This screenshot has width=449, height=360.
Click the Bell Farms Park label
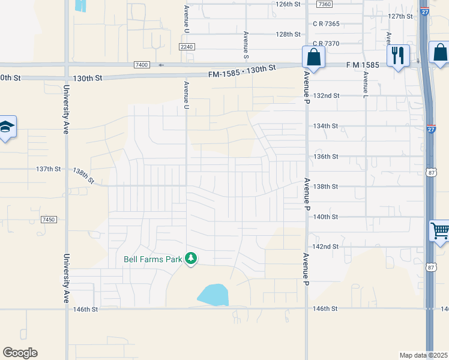[153, 260]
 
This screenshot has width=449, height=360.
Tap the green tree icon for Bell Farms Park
[191, 259]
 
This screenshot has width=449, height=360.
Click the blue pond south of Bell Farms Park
[213, 295]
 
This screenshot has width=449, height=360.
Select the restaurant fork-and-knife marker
[398, 56]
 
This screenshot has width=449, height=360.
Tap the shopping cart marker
[439, 230]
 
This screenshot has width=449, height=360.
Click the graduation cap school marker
[7, 126]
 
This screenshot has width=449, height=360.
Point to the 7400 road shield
[141, 64]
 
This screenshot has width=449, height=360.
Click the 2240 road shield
[187, 46]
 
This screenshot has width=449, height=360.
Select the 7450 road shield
[49, 220]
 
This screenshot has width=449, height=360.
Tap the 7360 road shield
[324, 4]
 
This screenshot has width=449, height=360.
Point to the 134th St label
[327, 126]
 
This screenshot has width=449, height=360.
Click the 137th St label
[49, 169]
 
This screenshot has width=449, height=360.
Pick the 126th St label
[288, 4]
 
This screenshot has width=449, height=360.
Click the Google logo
[20, 353]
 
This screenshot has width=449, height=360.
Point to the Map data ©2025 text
[423, 355]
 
